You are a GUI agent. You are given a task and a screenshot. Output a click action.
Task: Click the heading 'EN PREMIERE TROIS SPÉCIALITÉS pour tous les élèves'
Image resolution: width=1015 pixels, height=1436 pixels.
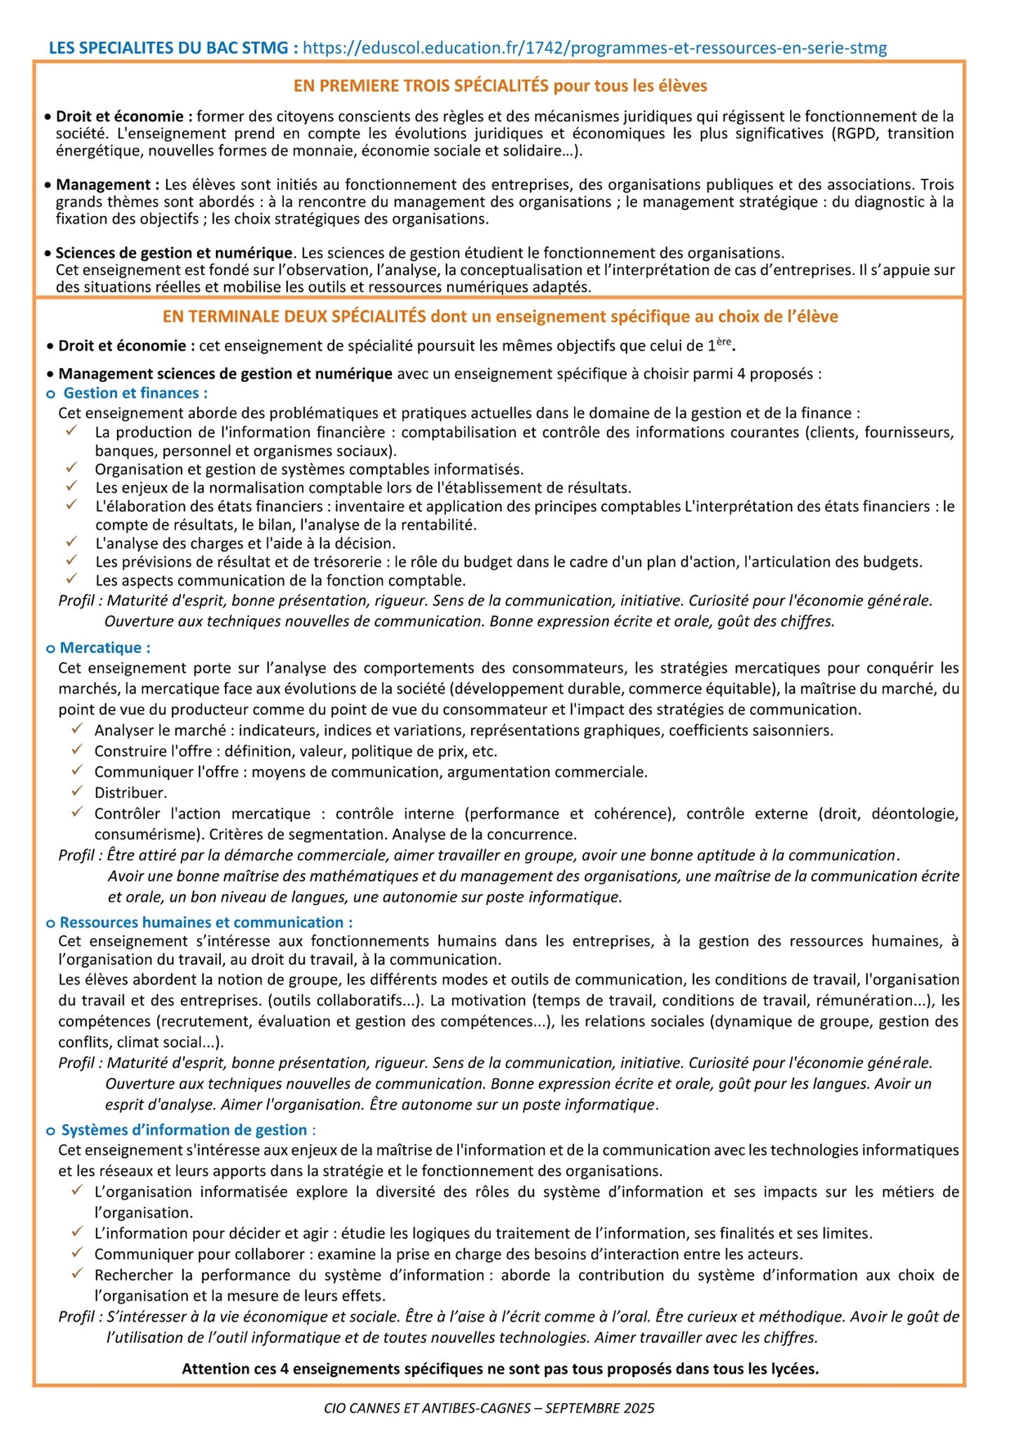(x=500, y=86)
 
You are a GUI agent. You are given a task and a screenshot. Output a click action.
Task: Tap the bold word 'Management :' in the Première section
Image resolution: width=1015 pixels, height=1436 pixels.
(x=103, y=184)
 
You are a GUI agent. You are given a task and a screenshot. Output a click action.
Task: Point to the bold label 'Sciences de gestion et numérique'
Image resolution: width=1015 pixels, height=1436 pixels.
(x=174, y=252)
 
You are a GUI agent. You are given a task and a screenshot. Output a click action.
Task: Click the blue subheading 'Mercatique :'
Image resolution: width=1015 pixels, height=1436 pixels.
(x=105, y=647)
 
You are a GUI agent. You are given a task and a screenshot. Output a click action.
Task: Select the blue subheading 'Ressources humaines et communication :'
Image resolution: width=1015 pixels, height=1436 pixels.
(x=206, y=922)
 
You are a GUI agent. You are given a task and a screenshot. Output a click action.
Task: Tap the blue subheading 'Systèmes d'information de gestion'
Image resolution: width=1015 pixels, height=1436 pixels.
(x=185, y=1130)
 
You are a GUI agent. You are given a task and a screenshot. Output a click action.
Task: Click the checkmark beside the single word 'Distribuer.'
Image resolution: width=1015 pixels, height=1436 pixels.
(x=76, y=791)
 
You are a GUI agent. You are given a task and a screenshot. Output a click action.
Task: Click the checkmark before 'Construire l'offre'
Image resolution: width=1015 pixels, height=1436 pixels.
(x=76, y=750)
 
